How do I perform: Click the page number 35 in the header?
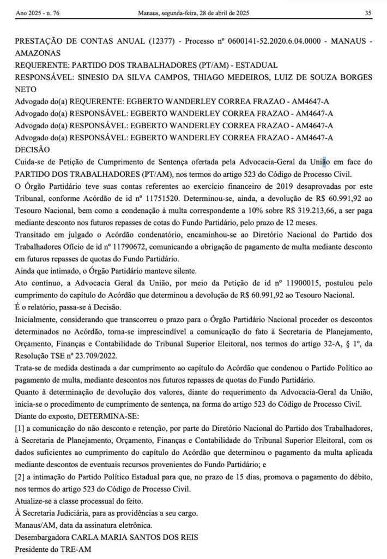(x=368, y=13)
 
